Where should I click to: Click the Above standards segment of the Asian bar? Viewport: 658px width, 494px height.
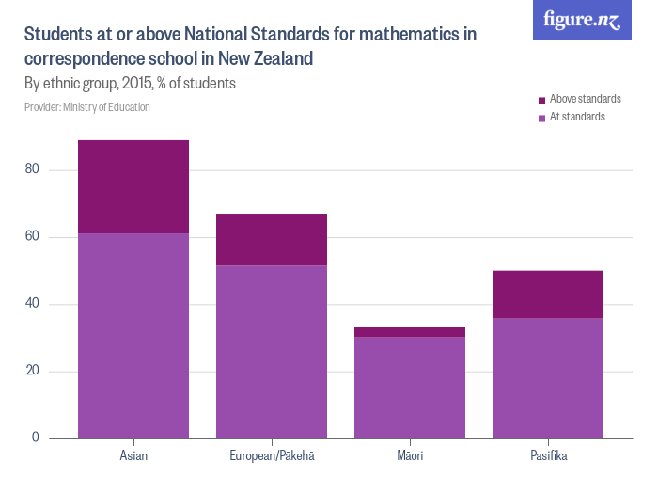pos(133,186)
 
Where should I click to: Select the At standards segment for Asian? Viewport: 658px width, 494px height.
pos(133,335)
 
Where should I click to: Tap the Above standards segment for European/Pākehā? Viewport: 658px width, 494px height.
pos(272,239)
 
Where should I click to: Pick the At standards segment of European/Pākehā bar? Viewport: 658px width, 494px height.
pos(272,351)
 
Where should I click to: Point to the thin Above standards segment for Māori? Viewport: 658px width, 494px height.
pos(410,331)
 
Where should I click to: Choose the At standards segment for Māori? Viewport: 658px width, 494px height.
pos(410,387)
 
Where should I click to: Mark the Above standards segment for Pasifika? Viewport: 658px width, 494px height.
pos(548,294)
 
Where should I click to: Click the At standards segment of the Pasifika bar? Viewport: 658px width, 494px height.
pos(548,377)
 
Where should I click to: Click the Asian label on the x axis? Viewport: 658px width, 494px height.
pos(133,456)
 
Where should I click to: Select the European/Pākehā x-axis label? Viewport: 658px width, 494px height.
pos(272,456)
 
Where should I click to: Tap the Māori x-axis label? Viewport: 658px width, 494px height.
pos(410,456)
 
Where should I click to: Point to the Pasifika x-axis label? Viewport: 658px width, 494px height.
pos(548,456)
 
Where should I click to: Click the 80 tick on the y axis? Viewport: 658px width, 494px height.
pos(35,170)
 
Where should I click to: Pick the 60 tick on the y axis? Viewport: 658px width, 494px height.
pos(35,237)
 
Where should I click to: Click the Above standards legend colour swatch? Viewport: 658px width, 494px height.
pos(542,100)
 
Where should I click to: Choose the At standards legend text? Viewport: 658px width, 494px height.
pos(577,117)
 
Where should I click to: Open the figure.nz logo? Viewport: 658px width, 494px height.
pos(582,20)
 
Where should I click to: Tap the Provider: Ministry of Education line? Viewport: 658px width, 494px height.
pos(86,107)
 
